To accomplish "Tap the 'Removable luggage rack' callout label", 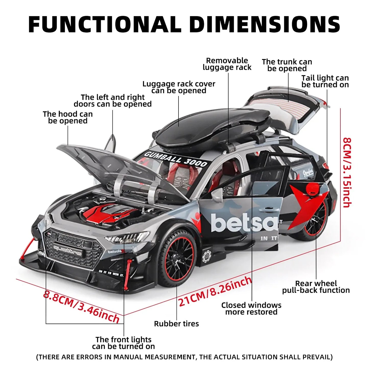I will click(227, 64).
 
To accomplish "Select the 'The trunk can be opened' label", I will click(287, 65).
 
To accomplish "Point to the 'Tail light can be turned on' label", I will click(325, 81).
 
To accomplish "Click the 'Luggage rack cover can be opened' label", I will click(179, 87).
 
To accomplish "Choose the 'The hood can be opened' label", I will click(68, 117).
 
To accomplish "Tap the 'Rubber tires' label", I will click(176, 324).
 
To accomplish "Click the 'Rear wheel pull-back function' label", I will click(316, 287).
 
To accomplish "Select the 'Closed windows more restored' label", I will click(251, 308).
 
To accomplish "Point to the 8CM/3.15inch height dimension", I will click(347, 172).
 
